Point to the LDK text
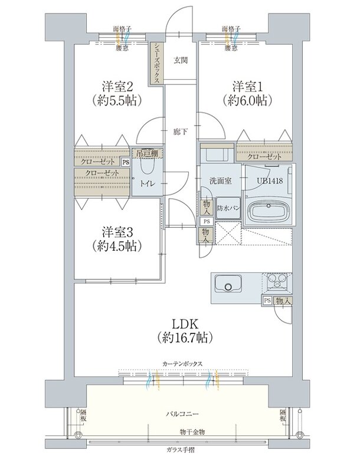pos(185,323)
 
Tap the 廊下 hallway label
pos(181,131)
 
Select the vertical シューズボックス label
pos(155,64)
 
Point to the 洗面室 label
pos(218,181)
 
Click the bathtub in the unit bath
pos(268,212)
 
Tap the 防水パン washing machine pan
pos(228,208)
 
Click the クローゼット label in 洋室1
pos(264,156)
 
